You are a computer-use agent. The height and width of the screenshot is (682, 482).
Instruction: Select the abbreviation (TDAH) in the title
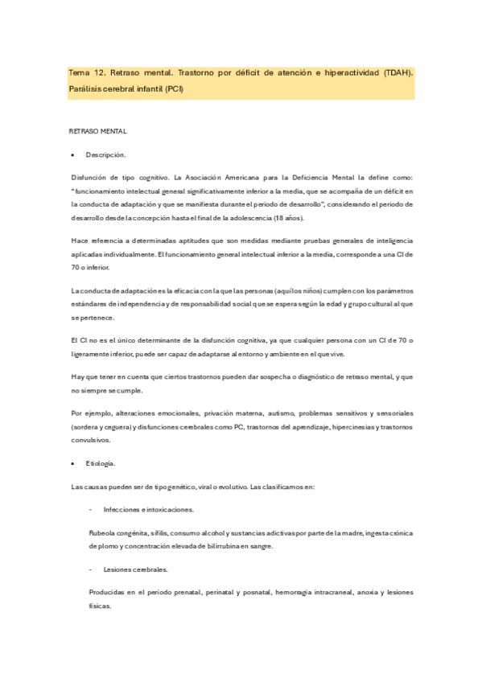click(x=395, y=73)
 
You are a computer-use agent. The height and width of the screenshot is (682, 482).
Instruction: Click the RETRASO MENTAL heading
click(x=99, y=130)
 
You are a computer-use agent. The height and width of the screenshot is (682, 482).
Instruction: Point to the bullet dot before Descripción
click(x=74, y=154)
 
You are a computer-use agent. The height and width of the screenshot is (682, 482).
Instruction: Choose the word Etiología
click(x=101, y=464)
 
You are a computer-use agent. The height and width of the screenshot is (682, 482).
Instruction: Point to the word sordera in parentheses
click(x=89, y=426)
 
